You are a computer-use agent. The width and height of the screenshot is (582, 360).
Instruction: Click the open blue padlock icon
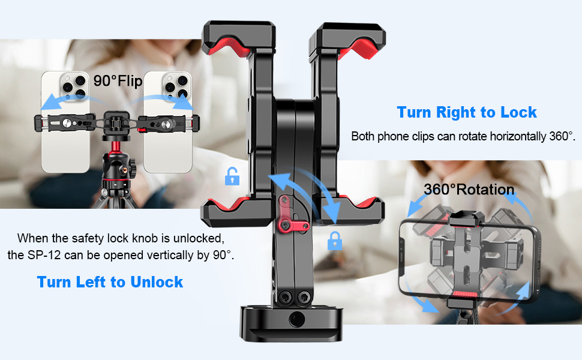click(232, 176)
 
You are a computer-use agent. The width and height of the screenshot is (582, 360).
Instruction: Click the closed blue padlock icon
click(334, 241)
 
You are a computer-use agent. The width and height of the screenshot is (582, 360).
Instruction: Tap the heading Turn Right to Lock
click(467, 112)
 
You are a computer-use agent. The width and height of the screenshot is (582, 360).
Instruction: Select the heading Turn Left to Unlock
click(110, 282)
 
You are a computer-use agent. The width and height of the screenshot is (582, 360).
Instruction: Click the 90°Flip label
click(118, 80)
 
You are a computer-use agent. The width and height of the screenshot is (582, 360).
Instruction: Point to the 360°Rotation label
click(469, 189)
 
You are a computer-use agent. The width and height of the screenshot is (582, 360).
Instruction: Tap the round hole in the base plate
click(296, 319)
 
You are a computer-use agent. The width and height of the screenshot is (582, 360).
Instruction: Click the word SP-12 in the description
click(44, 256)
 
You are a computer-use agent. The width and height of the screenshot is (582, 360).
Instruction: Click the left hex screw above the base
click(284, 296)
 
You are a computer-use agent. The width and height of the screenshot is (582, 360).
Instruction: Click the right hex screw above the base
click(304, 296)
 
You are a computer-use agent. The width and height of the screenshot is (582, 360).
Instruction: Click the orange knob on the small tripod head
click(125, 170)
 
